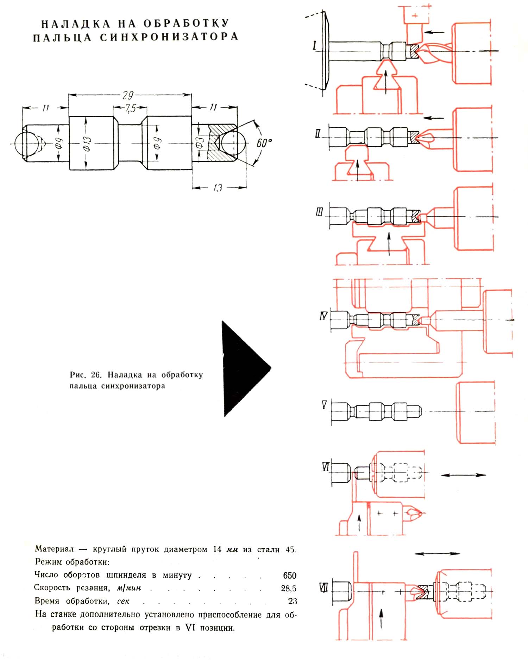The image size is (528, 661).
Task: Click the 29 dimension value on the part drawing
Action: click(x=128, y=95)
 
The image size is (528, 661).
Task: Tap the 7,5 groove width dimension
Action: click(x=130, y=108)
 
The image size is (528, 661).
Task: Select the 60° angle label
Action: click(x=264, y=143)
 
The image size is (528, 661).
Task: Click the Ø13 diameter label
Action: click(x=87, y=144)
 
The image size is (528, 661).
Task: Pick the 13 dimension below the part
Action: click(x=218, y=188)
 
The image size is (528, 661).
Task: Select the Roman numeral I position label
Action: click(x=315, y=45)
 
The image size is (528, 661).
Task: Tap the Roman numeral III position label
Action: click(x=319, y=212)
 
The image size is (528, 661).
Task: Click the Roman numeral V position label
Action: click(x=324, y=405)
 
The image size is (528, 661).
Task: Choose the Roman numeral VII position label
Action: click(x=323, y=587)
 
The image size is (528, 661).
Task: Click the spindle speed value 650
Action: click(x=289, y=575)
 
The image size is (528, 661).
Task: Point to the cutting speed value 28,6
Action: click(x=289, y=588)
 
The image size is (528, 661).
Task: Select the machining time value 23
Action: click(x=292, y=601)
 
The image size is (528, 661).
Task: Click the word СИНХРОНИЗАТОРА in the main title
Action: click(x=169, y=37)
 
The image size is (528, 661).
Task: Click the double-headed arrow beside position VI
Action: click(x=463, y=475)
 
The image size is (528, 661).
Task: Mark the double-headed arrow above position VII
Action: click(x=437, y=554)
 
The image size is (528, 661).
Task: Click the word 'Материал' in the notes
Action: click(x=55, y=549)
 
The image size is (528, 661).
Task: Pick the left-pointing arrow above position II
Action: click(x=434, y=118)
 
